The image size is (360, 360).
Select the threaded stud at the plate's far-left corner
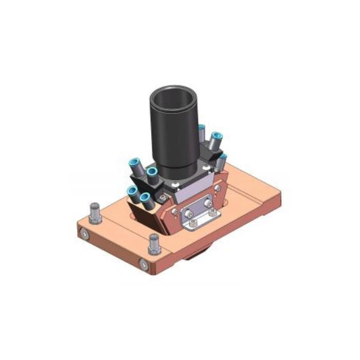click(x=95, y=211)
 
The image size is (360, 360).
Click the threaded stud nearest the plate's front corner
click(x=153, y=242)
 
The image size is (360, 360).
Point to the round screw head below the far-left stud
click(x=84, y=235)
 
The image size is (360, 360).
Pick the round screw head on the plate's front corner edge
click(x=143, y=264)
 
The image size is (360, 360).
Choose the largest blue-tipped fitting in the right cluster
click(x=215, y=139)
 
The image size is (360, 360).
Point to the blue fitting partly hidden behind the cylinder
click(x=202, y=132)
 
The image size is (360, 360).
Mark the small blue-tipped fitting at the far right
click(x=222, y=160)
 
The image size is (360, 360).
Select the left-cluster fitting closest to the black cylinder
click(x=152, y=175)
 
